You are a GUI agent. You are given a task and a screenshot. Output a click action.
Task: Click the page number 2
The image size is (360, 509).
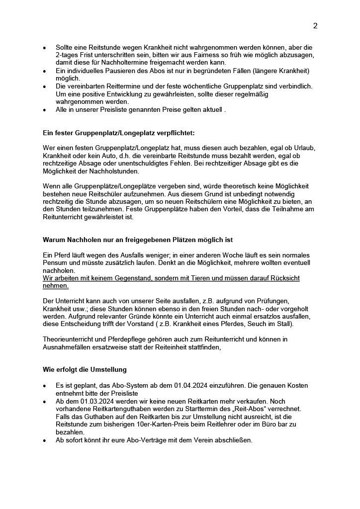315,26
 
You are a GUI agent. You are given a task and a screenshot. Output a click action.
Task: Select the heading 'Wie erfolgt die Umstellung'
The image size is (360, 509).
85,370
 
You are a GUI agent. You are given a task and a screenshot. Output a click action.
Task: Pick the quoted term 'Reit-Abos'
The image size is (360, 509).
252,409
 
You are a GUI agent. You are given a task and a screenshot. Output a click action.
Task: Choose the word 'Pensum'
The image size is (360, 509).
55,263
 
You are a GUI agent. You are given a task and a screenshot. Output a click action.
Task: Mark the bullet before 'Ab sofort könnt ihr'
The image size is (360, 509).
45,440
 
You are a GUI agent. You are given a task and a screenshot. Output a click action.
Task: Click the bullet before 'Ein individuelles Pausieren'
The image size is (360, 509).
45,71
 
